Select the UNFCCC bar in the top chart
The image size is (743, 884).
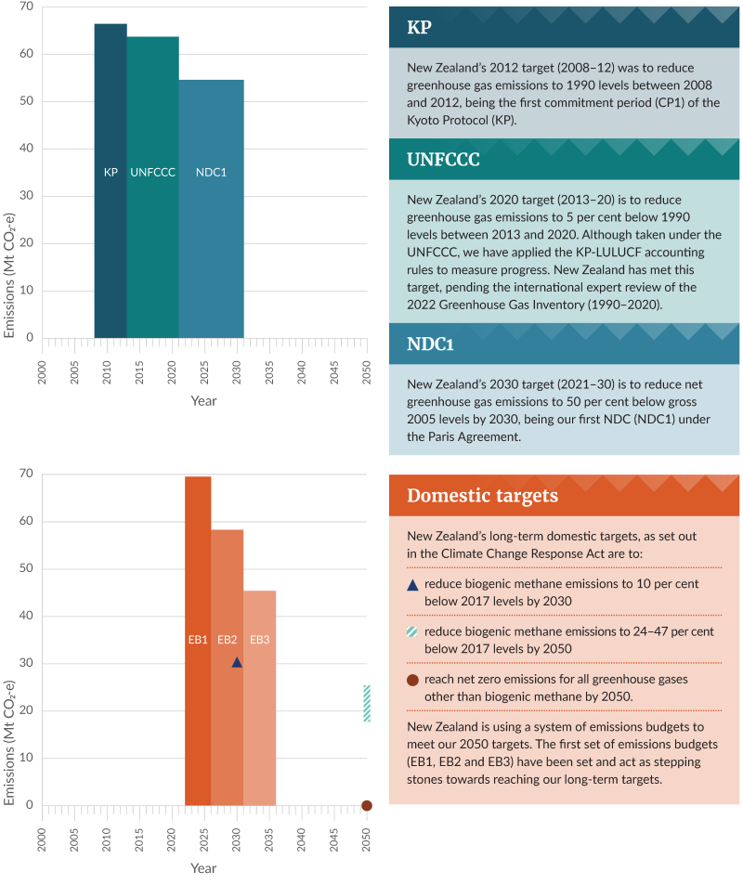[153, 186]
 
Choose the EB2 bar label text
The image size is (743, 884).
[228, 640]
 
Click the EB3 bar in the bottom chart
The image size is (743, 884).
[259, 696]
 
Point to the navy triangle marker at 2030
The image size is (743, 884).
[237, 662]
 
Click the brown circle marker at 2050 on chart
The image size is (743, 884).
[367, 805]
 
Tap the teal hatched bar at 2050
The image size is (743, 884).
[367, 703]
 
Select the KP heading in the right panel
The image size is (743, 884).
[419, 27]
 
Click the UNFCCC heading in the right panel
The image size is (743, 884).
[443, 159]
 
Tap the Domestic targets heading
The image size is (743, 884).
[482, 495]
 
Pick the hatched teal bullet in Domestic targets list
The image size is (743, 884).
[413, 631]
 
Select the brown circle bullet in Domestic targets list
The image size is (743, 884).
[413, 680]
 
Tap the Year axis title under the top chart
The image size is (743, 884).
[203, 400]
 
